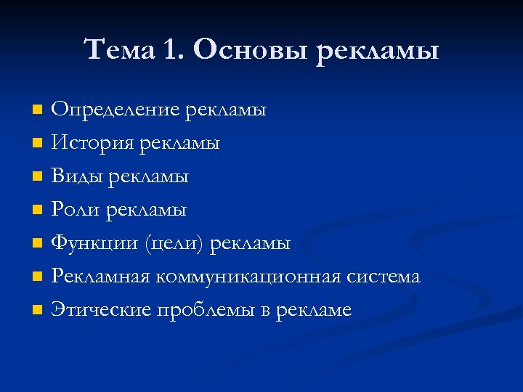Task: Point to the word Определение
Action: pyautogui.click(x=115, y=110)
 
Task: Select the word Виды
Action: pyautogui.click(x=76, y=176)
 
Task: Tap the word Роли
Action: pyautogui.click(x=76, y=210)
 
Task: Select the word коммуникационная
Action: pyautogui.click(x=251, y=277)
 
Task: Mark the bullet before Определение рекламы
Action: pyautogui.click(x=38, y=110)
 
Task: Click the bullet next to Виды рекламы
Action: pyautogui.click(x=38, y=177)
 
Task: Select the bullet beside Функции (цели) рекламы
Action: pyautogui.click(x=38, y=244)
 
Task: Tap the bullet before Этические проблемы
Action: pyautogui.click(x=38, y=311)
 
